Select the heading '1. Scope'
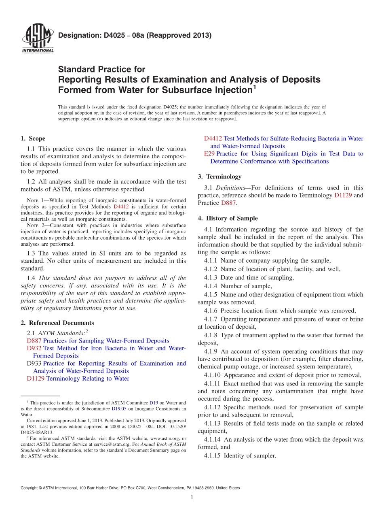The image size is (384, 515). pyautogui.click(x=33, y=138)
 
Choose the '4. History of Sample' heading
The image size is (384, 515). pyautogui.click(x=228, y=218)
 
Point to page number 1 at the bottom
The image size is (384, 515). pyautogui.click(x=192, y=497)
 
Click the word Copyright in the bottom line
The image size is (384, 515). pyautogui.click(x=31, y=488)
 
